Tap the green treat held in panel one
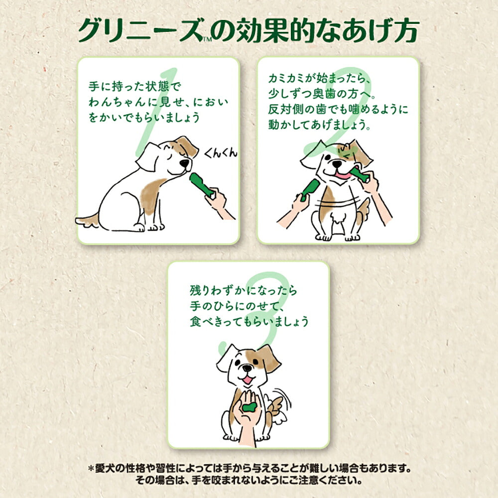(200, 184)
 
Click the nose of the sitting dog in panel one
(185, 163)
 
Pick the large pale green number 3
(259, 309)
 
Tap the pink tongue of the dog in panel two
(343, 175)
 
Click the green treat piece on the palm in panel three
(249, 403)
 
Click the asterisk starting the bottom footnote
(91, 469)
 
